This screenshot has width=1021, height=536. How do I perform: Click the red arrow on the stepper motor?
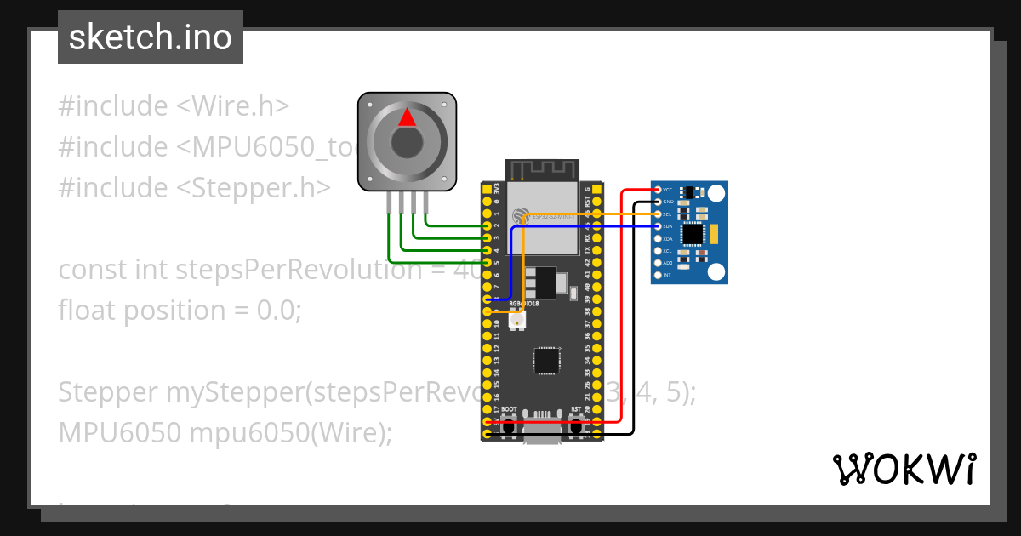408,117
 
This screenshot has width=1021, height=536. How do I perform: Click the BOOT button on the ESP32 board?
508,425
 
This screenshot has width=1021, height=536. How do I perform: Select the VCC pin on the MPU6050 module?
657,190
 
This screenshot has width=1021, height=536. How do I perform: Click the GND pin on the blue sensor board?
657,202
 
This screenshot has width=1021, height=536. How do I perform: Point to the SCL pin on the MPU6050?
657,214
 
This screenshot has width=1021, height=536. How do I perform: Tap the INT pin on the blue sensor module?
657,275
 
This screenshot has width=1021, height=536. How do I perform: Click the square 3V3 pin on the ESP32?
487,189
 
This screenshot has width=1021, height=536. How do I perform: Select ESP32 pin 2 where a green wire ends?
487,225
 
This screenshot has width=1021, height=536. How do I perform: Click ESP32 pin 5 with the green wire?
487,262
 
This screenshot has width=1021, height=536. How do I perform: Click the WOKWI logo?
904,469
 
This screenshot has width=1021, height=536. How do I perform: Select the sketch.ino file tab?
151,37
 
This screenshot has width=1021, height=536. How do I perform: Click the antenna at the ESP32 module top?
542,170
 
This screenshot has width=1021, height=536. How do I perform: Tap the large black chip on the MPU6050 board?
693,232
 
